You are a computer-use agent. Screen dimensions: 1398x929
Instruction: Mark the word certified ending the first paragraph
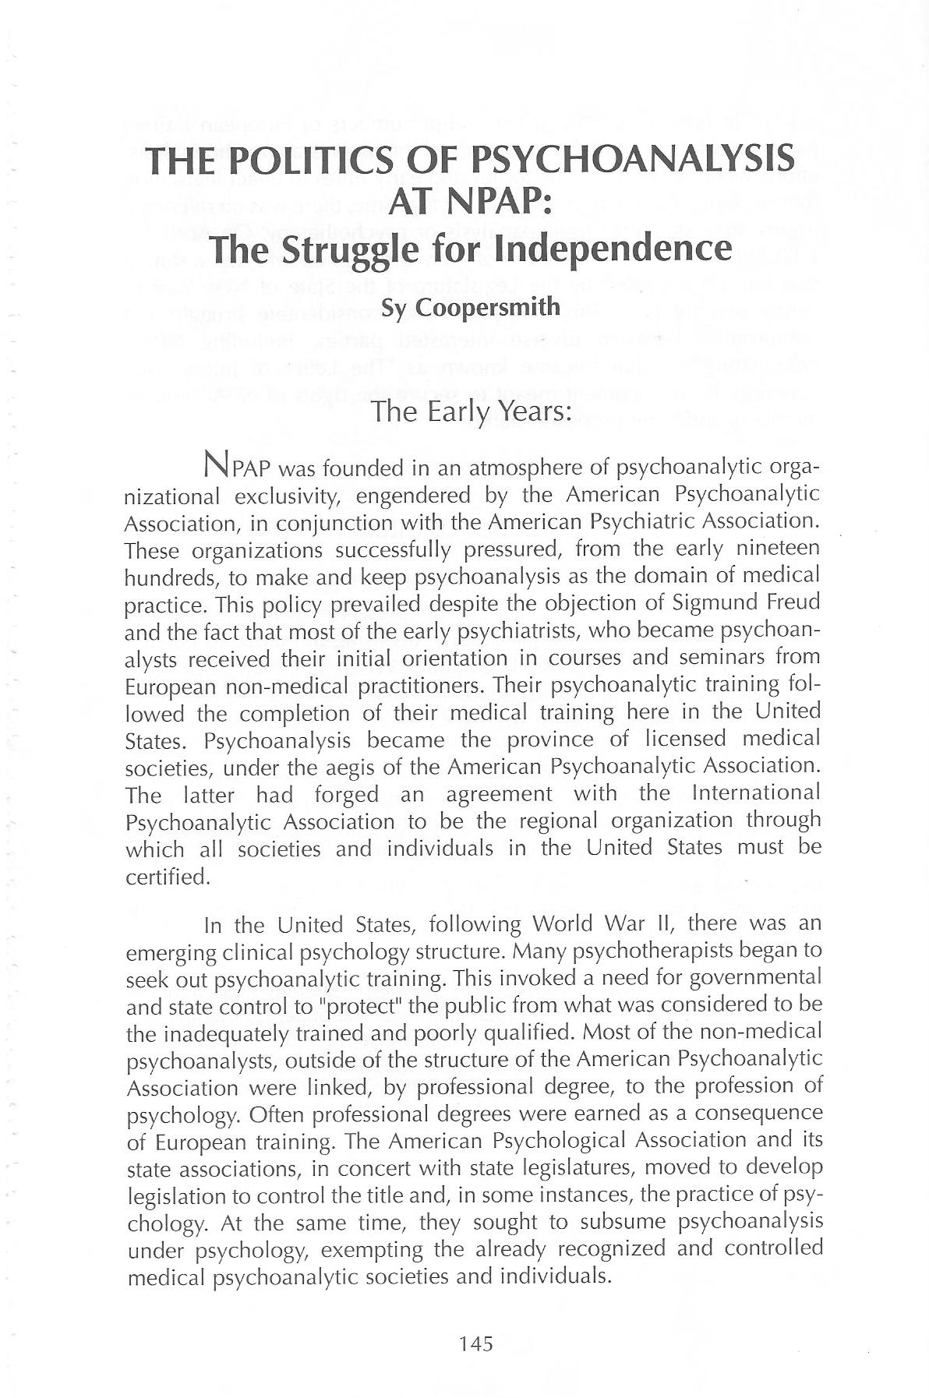pos(167,877)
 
